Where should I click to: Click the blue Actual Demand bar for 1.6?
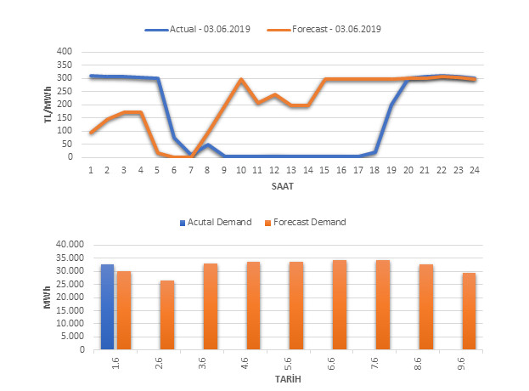[x=107, y=307]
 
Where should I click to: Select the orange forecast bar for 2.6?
[x=167, y=314]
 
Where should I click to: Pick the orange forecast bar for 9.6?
[x=469, y=311]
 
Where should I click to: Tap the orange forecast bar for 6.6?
[x=340, y=304]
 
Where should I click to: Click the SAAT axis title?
[x=284, y=184]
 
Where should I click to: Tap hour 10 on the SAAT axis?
[x=240, y=170]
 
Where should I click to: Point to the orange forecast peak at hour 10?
[x=241, y=79]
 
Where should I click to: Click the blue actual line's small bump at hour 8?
[x=208, y=144]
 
